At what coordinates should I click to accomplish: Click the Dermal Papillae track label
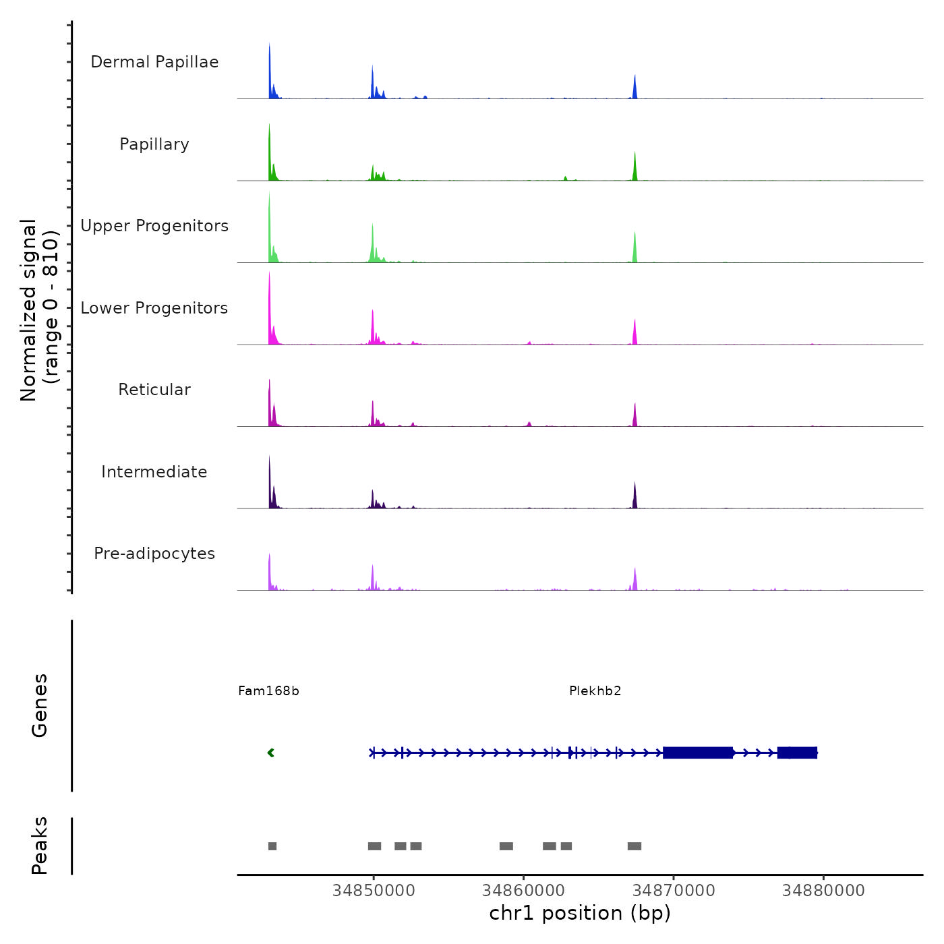click(x=154, y=62)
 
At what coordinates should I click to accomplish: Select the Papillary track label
click(x=154, y=144)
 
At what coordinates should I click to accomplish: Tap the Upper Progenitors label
click(x=154, y=226)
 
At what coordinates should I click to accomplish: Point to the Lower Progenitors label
click(x=154, y=308)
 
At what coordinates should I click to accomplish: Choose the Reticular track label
click(x=154, y=390)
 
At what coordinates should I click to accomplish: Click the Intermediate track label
click(x=154, y=472)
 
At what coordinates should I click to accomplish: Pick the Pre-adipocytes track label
click(x=154, y=554)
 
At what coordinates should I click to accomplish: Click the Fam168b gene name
click(x=268, y=691)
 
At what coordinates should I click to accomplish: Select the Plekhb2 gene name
click(x=595, y=691)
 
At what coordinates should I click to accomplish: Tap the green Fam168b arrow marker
click(x=271, y=753)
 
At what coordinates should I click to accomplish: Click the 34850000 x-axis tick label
click(x=374, y=891)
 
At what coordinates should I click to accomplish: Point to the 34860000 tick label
click(x=523, y=891)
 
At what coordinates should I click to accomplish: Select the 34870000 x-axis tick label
click(x=673, y=891)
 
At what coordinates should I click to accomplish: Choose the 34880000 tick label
click(x=823, y=891)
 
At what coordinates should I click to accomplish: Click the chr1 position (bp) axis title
click(x=580, y=914)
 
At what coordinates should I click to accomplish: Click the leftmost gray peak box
click(x=272, y=846)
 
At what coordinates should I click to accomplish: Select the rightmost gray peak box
click(x=635, y=846)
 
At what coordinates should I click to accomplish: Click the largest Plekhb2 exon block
click(x=698, y=753)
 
